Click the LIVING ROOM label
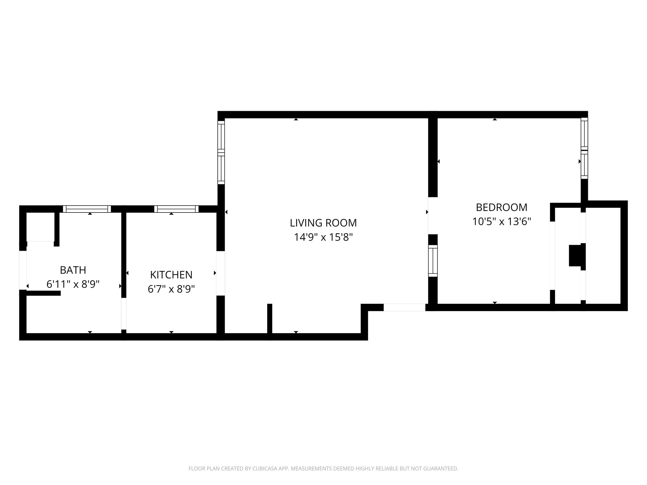[323, 223]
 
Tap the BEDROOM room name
[502, 207]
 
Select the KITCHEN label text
[171, 275]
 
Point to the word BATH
[73, 270]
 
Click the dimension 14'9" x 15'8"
[323, 237]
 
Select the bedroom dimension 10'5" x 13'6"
[502, 222]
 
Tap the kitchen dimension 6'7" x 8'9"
[171, 289]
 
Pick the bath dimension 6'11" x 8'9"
[73, 284]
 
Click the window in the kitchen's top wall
[176, 209]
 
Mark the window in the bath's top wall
[87, 209]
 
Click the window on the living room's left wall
[221, 153]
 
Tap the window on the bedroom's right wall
[584, 148]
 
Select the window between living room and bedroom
[433, 261]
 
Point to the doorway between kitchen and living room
[221, 273]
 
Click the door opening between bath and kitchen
[124, 314]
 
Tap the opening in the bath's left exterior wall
[23, 270]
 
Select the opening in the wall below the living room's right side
[404, 308]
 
